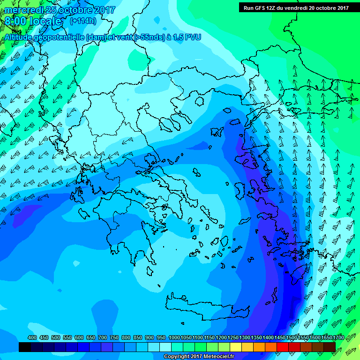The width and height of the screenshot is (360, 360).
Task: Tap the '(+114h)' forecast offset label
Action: [83, 21]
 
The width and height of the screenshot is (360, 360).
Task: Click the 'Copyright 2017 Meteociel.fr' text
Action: [199, 357]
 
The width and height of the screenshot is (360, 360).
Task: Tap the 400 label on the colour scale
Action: [32, 337]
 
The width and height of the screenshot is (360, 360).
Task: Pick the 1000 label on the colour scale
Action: [174, 337]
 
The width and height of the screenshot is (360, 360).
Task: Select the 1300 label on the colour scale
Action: [245, 337]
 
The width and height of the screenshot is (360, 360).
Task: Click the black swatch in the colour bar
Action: [24, 347]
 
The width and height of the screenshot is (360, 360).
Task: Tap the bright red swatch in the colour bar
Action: [283, 347]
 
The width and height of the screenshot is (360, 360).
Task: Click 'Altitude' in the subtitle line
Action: [21, 37]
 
